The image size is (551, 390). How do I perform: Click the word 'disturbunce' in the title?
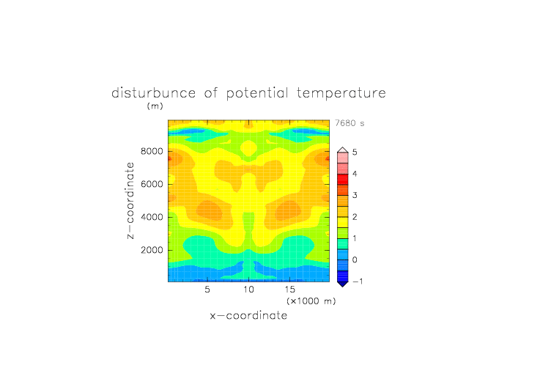[x=154, y=93]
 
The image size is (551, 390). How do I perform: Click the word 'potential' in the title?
[x=257, y=94]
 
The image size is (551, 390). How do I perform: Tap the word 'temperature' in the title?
[x=341, y=94]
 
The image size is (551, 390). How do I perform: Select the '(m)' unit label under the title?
[x=155, y=106]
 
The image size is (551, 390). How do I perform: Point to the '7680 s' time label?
[x=350, y=123]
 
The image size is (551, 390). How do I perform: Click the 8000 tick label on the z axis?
[x=152, y=151]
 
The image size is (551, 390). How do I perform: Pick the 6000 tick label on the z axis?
[x=152, y=184]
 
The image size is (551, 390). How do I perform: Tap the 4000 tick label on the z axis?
[x=152, y=217]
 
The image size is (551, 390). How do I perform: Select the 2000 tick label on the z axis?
[x=152, y=250]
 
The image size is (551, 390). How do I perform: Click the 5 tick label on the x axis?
[x=207, y=290]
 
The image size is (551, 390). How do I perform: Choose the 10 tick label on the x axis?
[x=249, y=290]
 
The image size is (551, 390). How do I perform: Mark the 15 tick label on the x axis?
[x=290, y=290]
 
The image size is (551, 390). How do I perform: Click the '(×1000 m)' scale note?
[x=311, y=301]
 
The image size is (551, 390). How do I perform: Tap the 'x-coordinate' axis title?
[x=249, y=315]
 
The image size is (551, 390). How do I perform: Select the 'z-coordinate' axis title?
[x=130, y=200]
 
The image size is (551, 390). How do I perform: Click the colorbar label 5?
[x=355, y=152]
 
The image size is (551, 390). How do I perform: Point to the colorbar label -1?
[x=358, y=282]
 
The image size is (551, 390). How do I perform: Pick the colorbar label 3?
[x=355, y=196]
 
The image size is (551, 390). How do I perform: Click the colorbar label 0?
[x=355, y=260]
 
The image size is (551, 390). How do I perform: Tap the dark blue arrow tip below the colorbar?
[x=343, y=284]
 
